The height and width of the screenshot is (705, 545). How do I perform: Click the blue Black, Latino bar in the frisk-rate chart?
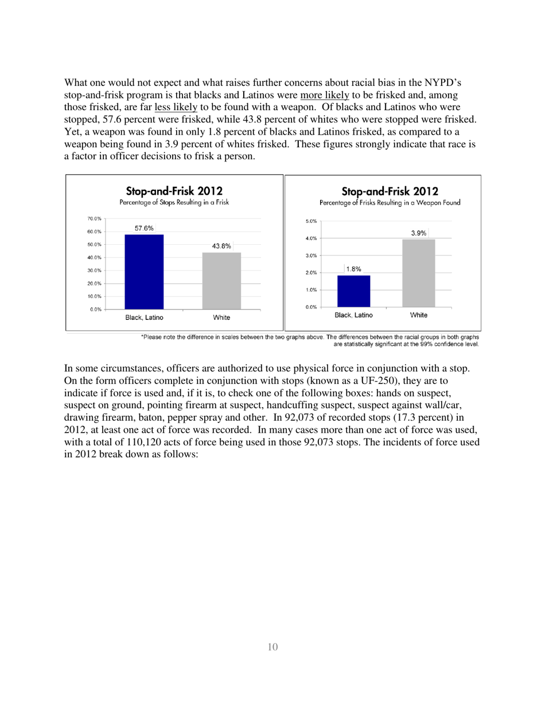coord(144,272)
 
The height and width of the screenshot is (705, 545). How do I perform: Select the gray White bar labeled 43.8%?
coord(221,281)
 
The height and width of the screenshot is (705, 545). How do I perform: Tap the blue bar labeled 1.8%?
coord(353,291)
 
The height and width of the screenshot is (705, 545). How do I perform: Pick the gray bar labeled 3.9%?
coord(419,273)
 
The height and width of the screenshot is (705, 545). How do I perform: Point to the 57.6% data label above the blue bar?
coord(144,228)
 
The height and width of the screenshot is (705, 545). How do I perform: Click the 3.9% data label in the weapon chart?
coord(419,233)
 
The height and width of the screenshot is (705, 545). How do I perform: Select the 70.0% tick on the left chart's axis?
coord(94,219)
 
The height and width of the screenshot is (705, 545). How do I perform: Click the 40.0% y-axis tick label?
coord(94,257)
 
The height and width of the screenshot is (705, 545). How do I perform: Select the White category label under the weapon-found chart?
coord(419,315)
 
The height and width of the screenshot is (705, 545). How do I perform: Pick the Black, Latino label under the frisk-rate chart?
coord(144,317)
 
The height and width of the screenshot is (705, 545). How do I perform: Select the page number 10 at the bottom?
coord(272,647)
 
